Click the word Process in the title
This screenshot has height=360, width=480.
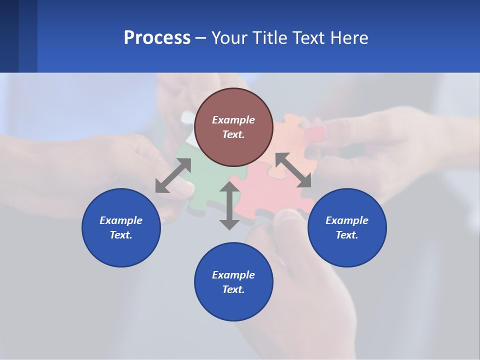[x=157, y=38]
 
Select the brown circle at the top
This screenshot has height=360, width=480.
[x=233, y=100]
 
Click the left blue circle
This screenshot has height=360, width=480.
[x=121, y=245]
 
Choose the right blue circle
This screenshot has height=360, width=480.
[x=347, y=245]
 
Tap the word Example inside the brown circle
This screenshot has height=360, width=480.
[x=233, y=120]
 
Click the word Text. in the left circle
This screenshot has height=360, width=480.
[x=121, y=235]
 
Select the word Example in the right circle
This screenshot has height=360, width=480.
[x=347, y=220]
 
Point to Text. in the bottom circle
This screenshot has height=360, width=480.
[x=233, y=289]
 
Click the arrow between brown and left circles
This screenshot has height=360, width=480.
[x=173, y=175]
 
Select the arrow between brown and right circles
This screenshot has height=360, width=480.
[x=293, y=170]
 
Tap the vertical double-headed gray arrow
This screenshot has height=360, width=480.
[x=229, y=205]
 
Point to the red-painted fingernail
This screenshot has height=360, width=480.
[x=314, y=133]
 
